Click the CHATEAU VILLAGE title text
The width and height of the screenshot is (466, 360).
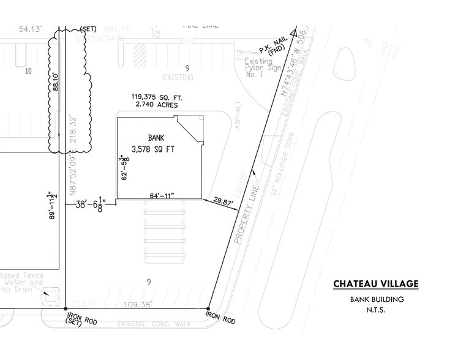(x=376, y=284)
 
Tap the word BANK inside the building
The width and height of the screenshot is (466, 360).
(x=152, y=138)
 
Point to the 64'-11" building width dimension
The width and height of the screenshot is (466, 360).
(x=162, y=195)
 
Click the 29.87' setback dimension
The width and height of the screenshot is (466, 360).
(x=224, y=200)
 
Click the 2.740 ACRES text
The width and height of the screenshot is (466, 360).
(x=156, y=105)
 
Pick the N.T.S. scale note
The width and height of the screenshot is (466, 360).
(x=376, y=310)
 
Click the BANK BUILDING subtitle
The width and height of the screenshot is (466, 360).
(x=376, y=299)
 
